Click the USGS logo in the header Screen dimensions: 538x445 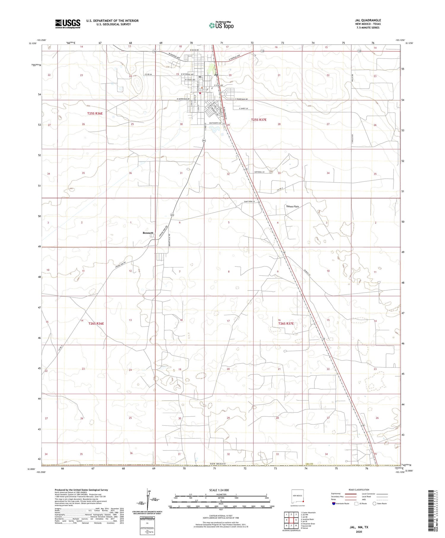[x=68, y=24]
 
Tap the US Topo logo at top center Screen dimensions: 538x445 [x=221, y=26]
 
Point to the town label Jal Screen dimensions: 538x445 [x=216, y=75]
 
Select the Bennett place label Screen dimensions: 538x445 [x=148, y=233]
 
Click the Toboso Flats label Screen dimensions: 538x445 [x=292, y=206]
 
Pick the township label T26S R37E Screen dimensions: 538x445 [x=286, y=324]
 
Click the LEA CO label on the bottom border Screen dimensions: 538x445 [x=310, y=464]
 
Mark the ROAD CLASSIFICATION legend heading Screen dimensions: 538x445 [x=359, y=490]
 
